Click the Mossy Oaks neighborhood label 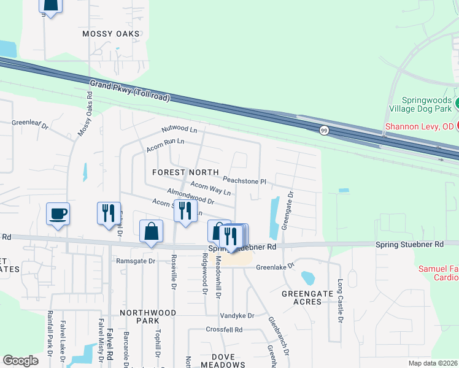(x=112, y=34)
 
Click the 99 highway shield (x=323, y=129)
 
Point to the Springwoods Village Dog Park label (x=428, y=104)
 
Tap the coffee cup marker (x=58, y=214)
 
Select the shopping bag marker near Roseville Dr (x=151, y=232)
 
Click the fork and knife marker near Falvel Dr (x=109, y=213)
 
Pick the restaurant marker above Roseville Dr (x=185, y=210)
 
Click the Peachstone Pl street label (x=244, y=181)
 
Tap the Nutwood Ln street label (x=179, y=130)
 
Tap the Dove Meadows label (x=228, y=360)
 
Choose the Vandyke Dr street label (x=237, y=315)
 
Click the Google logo (x=21, y=360)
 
